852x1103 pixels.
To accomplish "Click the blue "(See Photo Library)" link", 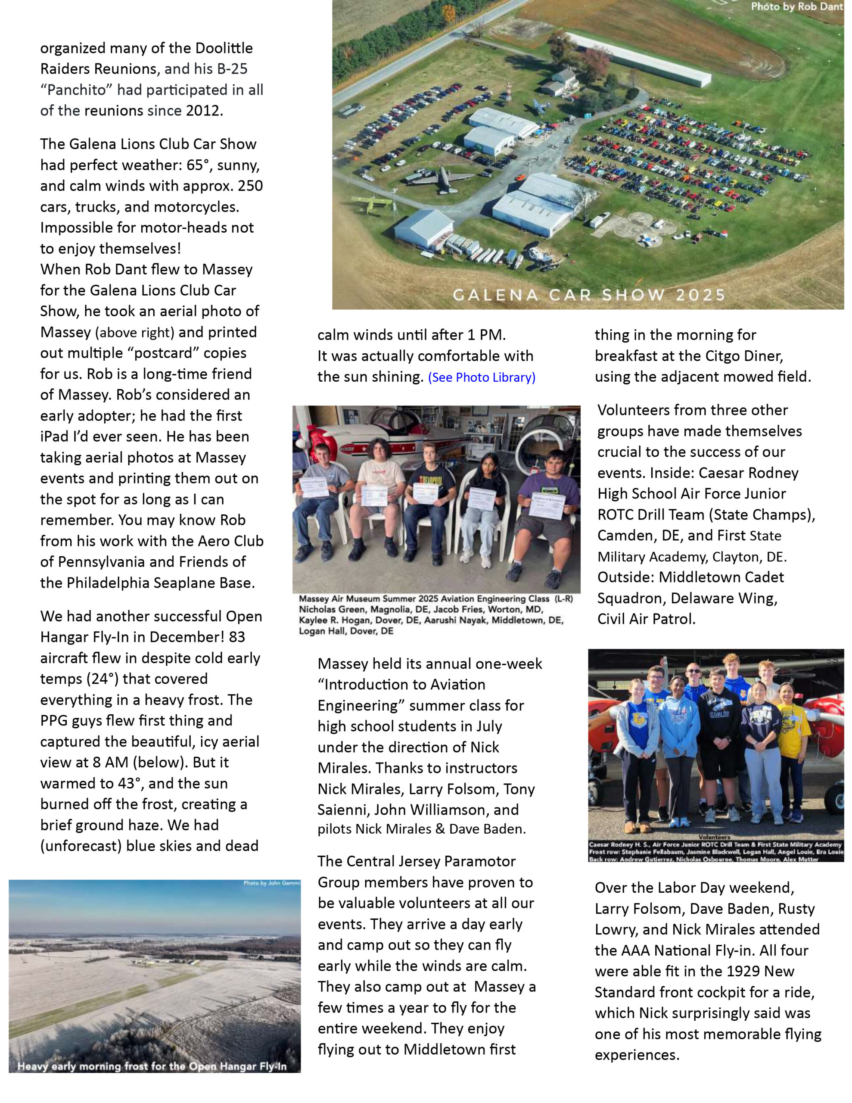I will pyautogui.click(x=481, y=377).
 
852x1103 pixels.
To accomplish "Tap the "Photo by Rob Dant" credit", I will pyautogui.click(x=796, y=6).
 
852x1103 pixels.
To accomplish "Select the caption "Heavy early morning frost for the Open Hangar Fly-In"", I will pyautogui.click(x=152, y=1066).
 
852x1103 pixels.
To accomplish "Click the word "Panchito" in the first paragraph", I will pyautogui.click(x=76, y=90).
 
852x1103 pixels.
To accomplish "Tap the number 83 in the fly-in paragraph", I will pyautogui.click(x=237, y=637).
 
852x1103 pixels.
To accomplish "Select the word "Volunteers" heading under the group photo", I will pyautogui.click(x=715, y=837).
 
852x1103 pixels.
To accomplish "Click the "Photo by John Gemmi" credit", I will pyautogui.click(x=271, y=883).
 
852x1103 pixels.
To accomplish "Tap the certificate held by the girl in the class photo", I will pyautogui.click(x=482, y=499).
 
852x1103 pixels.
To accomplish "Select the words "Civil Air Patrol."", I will pyautogui.click(x=646, y=619).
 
